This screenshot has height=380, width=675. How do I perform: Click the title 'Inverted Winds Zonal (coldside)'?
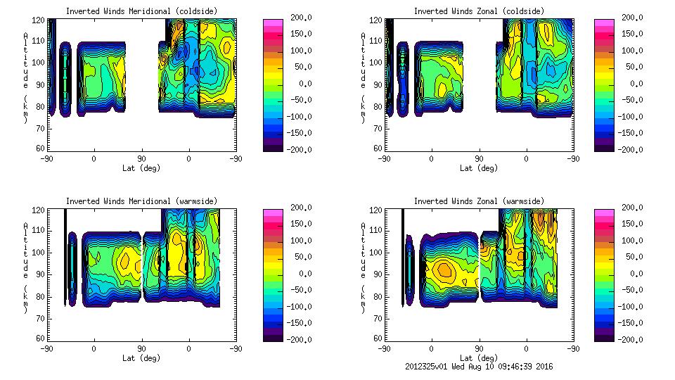click(479, 11)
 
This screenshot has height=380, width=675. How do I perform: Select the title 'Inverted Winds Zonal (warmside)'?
click(479, 201)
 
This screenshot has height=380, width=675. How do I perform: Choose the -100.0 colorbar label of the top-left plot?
click(295, 117)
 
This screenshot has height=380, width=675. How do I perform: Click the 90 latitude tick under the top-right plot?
click(479, 159)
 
